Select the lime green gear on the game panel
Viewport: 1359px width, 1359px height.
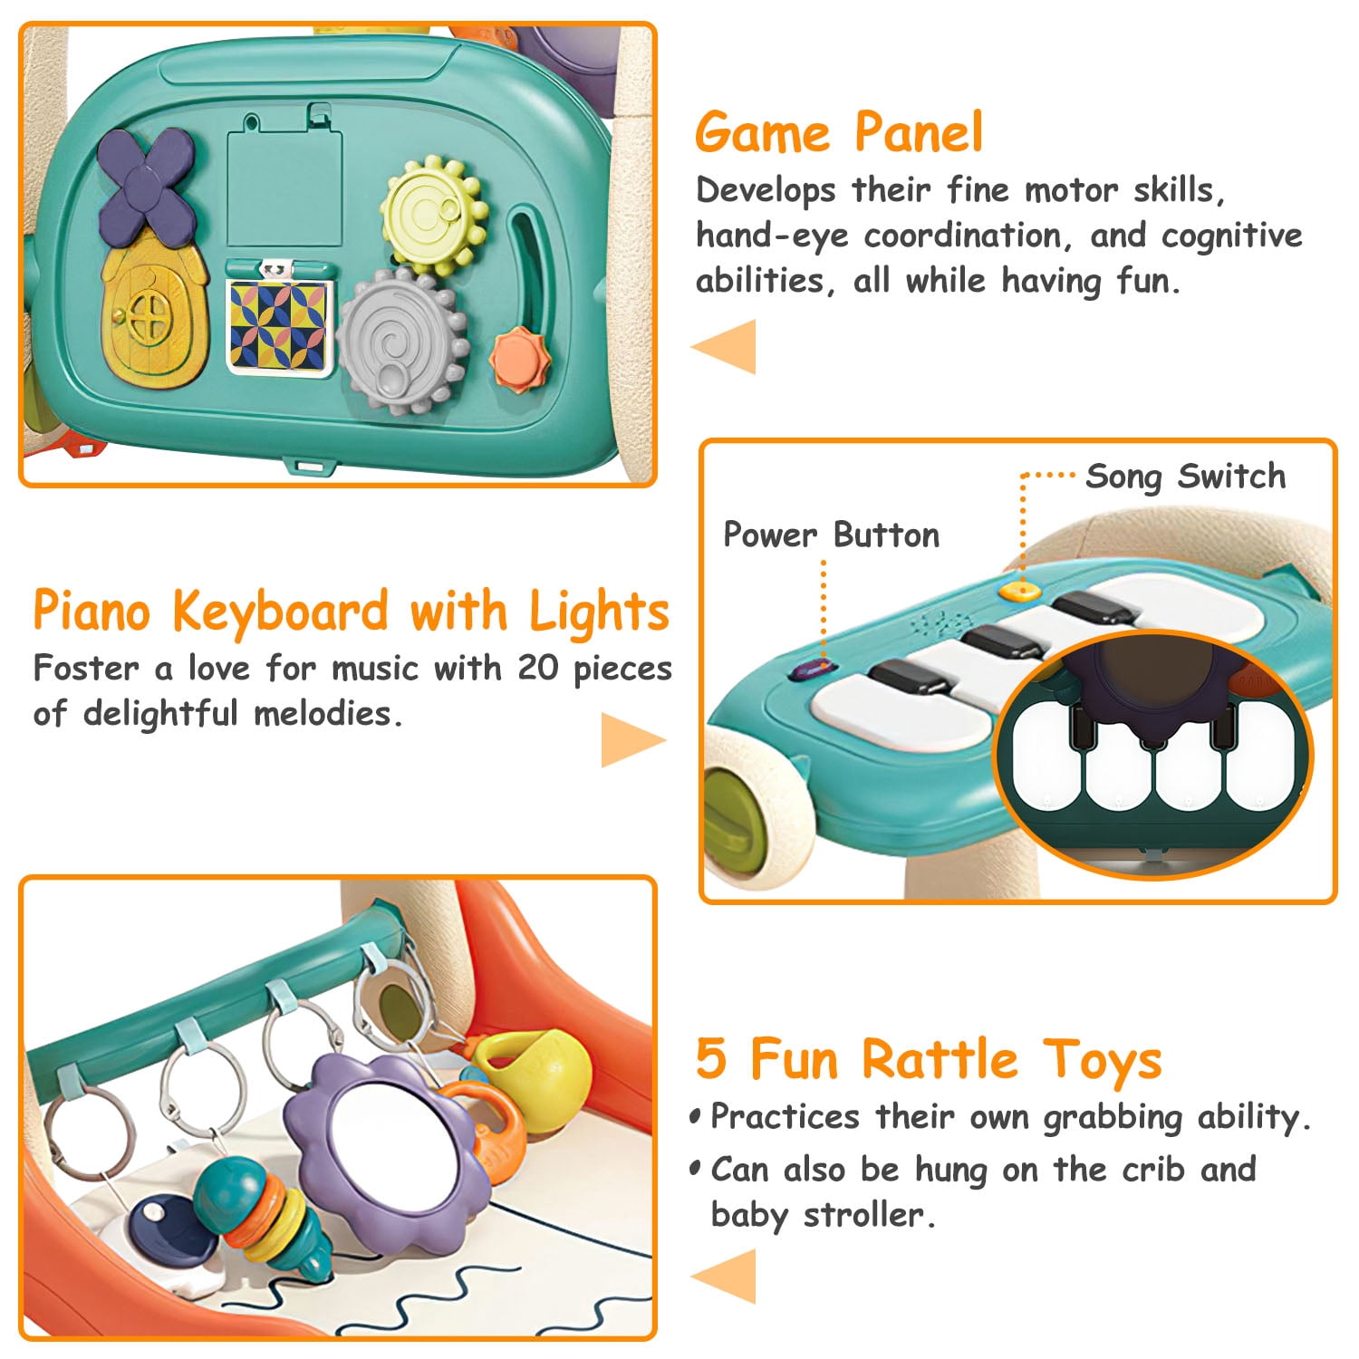click(x=433, y=216)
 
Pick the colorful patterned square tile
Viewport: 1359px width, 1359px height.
click(x=278, y=325)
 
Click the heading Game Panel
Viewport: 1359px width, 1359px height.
click(x=838, y=132)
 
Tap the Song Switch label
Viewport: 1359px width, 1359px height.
click(x=1185, y=477)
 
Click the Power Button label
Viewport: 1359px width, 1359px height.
click(x=831, y=535)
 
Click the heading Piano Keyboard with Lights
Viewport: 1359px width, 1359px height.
click(x=351, y=612)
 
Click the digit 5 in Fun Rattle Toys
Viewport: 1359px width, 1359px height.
click(x=712, y=1059)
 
